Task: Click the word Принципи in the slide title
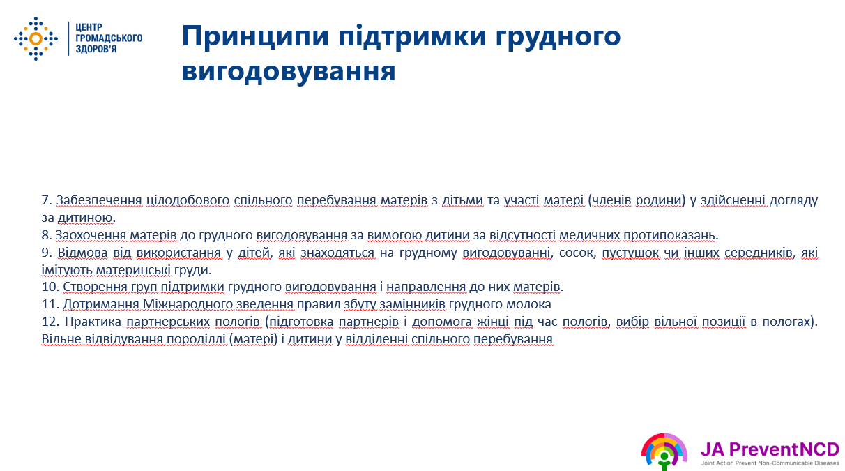coord(255,36)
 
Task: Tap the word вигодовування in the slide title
coord(289,71)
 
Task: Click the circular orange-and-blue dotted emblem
coord(36,38)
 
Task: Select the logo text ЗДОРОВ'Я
coord(96,49)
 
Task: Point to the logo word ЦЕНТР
coord(89,27)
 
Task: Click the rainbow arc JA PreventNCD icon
coord(664,451)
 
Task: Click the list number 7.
coord(47,200)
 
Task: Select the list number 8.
coord(47,235)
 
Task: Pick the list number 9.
coord(47,252)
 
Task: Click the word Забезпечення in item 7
coord(99,200)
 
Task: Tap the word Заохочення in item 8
coord(91,235)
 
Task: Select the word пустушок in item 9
coord(630,253)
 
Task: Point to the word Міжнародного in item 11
coord(188,304)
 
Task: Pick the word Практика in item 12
coord(93,322)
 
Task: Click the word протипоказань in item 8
coord(669,235)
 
